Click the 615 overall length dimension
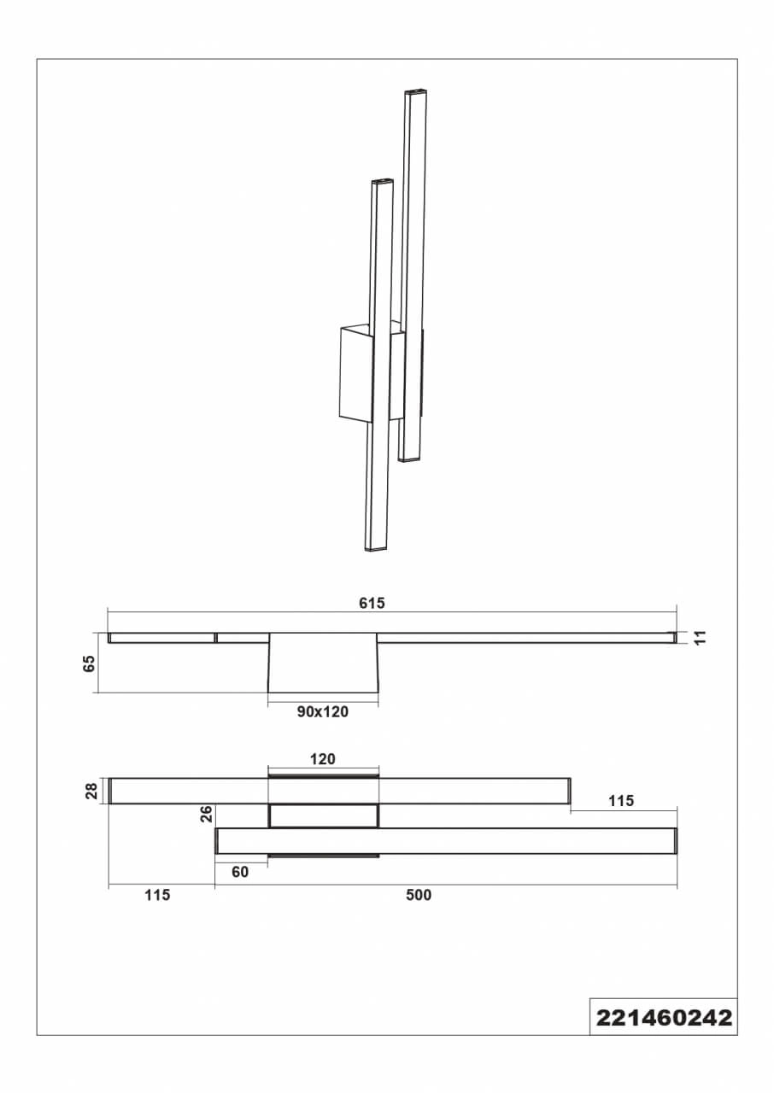(x=372, y=603)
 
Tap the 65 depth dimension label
(x=90, y=663)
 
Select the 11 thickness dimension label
(x=701, y=638)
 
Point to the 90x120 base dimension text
(x=323, y=712)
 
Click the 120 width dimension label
(x=323, y=759)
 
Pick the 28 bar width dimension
(x=91, y=791)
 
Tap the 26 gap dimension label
(x=207, y=815)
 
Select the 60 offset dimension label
(x=240, y=872)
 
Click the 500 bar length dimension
(x=419, y=895)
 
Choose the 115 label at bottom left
(x=157, y=895)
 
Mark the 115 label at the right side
(x=621, y=801)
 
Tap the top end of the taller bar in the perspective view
(x=416, y=91)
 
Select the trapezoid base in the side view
(x=323, y=663)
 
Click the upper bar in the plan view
(x=339, y=791)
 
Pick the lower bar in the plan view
(x=446, y=841)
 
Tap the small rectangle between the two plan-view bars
(x=324, y=816)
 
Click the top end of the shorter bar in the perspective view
(x=383, y=181)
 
